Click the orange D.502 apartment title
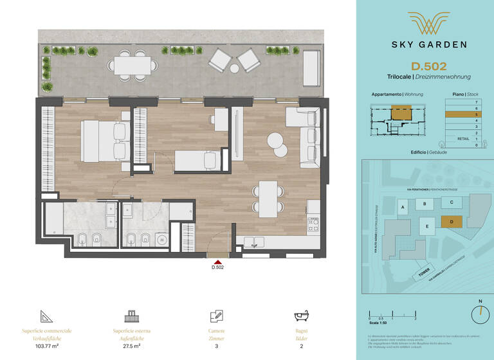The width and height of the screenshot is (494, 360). (x=428, y=65)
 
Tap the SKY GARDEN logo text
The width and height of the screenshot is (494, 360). (x=428, y=44)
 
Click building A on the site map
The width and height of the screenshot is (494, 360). (x=403, y=208)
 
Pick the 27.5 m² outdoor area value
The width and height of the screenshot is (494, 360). (x=131, y=345)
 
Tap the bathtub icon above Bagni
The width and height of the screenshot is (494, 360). (x=301, y=316)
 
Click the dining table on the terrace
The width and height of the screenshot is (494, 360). (x=133, y=65)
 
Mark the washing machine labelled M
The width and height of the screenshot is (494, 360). (x=163, y=239)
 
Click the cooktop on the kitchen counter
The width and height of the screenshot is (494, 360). (x=313, y=224)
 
